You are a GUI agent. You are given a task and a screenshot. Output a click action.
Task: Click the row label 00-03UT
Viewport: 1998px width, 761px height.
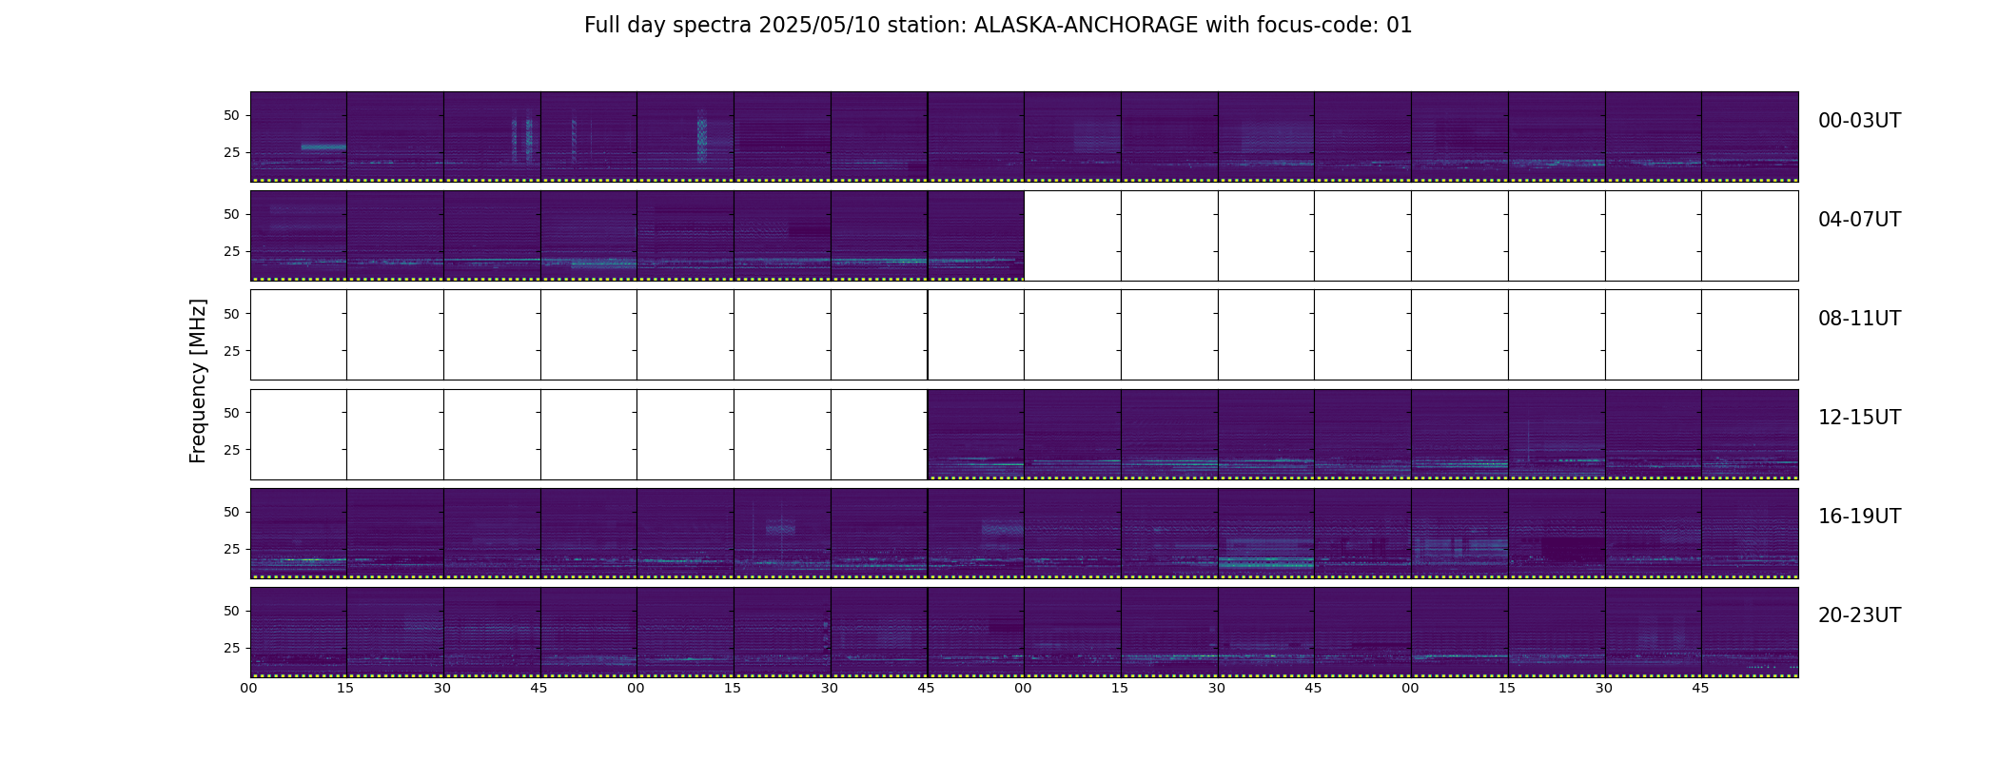click(x=1859, y=121)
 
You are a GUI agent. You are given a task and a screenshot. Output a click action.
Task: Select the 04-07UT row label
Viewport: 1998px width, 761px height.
click(x=1859, y=220)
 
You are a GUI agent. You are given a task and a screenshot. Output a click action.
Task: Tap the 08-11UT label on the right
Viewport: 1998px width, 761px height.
click(x=1859, y=319)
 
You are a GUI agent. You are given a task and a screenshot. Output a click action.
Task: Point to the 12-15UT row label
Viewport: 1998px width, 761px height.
click(x=1859, y=418)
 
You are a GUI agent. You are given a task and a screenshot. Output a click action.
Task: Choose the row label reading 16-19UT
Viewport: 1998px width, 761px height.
click(x=1859, y=517)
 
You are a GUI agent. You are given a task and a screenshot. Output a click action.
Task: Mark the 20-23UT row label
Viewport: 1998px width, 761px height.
click(x=1859, y=615)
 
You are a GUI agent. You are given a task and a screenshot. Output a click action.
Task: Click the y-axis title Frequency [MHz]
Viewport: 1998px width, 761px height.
click(x=198, y=380)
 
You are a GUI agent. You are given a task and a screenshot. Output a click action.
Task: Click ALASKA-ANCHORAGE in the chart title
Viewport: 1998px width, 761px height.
click(x=1086, y=26)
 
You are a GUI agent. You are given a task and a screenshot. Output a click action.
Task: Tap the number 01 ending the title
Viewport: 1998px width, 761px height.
click(x=1400, y=26)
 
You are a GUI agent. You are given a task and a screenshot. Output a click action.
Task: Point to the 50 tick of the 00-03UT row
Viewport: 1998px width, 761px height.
click(x=232, y=115)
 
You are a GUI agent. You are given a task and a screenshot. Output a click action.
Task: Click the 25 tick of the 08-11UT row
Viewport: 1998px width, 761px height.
click(x=232, y=351)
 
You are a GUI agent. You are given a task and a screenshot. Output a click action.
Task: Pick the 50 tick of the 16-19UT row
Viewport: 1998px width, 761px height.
click(x=232, y=512)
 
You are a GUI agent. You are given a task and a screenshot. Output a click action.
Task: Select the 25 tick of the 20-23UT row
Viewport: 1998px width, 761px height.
click(x=232, y=648)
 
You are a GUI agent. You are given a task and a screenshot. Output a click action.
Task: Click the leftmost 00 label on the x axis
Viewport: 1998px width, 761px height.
click(x=249, y=688)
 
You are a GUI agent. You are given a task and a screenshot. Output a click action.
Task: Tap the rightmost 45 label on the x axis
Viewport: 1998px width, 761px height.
click(x=1700, y=688)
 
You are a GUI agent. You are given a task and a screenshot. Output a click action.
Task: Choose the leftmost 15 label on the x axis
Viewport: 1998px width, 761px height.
click(x=345, y=688)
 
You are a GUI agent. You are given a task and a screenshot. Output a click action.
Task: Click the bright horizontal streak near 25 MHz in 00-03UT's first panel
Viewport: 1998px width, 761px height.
click(x=323, y=146)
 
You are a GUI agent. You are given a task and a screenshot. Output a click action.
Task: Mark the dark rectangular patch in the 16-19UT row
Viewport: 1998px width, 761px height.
click(x=1573, y=549)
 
